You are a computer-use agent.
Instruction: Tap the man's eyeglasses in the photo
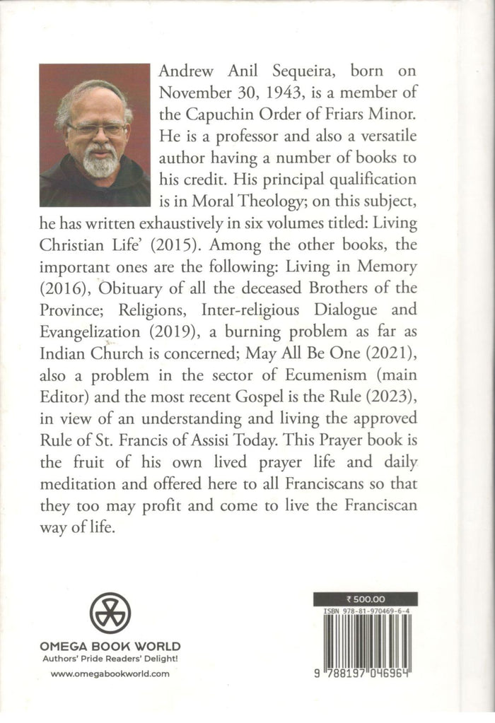click(x=97, y=129)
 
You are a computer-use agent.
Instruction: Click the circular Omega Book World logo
click(x=110, y=612)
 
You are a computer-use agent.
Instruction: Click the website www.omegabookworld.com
click(x=110, y=674)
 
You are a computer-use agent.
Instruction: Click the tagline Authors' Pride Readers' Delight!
click(x=110, y=658)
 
